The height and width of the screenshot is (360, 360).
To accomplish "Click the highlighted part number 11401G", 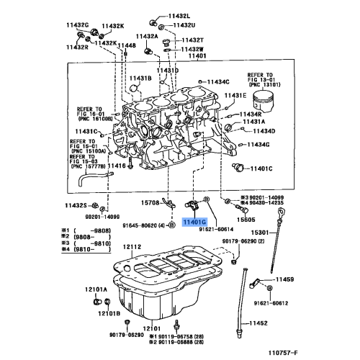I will (x=194, y=224).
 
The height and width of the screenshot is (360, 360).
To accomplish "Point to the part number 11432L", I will (x=180, y=15).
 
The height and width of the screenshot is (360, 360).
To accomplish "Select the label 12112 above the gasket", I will (x=132, y=247).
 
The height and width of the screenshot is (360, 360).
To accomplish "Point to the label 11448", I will (x=127, y=45).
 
